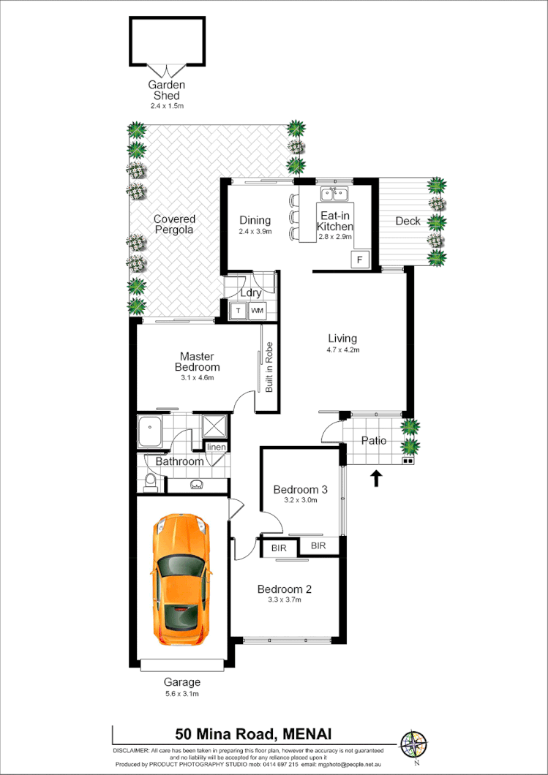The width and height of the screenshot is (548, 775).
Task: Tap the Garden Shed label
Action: pos(166,90)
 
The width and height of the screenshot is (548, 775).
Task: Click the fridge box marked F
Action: pos(359,259)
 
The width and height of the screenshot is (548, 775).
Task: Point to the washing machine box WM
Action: pos(257,311)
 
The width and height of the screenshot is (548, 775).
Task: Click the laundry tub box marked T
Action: pos(237,311)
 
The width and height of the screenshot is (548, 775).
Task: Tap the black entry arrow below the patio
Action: pos(376,479)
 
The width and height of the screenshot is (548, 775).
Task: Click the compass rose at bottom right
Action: pos(413,744)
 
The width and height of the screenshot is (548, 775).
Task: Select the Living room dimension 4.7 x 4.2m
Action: pos(342,350)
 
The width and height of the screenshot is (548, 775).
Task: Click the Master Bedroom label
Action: pos(197,362)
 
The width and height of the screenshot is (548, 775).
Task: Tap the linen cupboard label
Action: pos(216,447)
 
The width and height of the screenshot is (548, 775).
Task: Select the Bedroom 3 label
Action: pos(300,489)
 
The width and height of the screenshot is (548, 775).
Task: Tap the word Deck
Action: pos(408,221)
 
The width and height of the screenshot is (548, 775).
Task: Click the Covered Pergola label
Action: pos(174,224)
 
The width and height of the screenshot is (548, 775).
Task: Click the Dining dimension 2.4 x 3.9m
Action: pos(255,232)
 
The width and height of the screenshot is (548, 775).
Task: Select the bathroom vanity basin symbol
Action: pos(196,484)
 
